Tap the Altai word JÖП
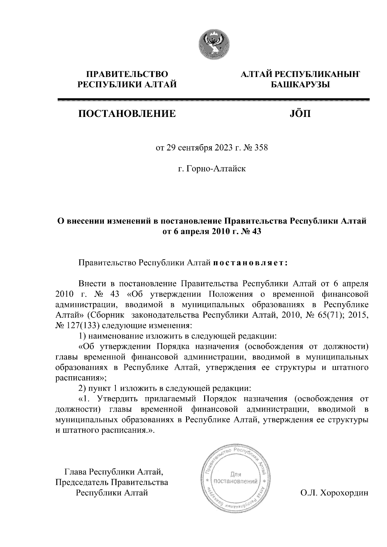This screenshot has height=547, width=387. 299,113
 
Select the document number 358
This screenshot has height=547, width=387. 261,148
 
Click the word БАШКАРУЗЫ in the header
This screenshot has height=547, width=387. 299,85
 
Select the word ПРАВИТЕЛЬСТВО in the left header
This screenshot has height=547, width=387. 127,74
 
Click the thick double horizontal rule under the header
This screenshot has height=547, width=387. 213,100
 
